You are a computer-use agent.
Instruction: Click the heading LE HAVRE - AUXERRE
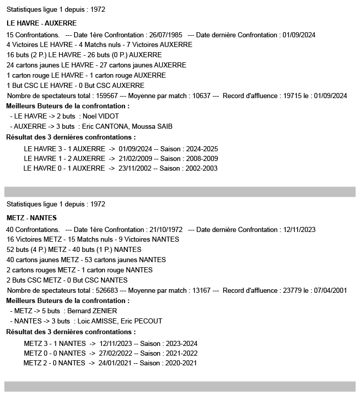[41, 23]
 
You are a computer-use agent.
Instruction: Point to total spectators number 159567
[106, 96]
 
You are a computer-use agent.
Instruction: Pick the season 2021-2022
[180, 353]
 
